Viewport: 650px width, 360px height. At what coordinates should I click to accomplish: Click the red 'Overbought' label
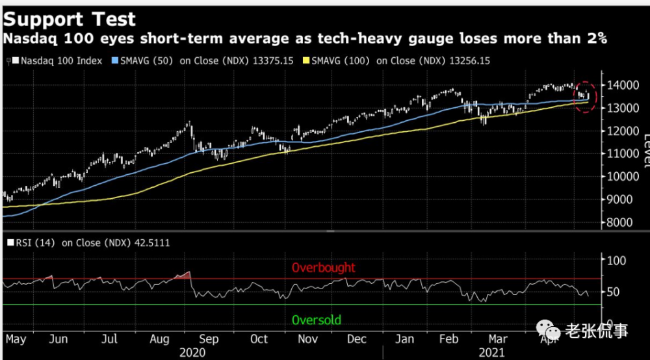click(x=324, y=267)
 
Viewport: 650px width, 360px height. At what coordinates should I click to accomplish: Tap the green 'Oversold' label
click(x=317, y=320)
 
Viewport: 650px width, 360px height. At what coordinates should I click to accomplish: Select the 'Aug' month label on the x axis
click(x=159, y=339)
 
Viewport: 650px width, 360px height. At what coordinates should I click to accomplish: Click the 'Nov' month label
click(x=307, y=339)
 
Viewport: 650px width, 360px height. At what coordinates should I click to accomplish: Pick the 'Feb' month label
click(x=450, y=339)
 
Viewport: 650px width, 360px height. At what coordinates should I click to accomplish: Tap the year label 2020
click(x=192, y=353)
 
